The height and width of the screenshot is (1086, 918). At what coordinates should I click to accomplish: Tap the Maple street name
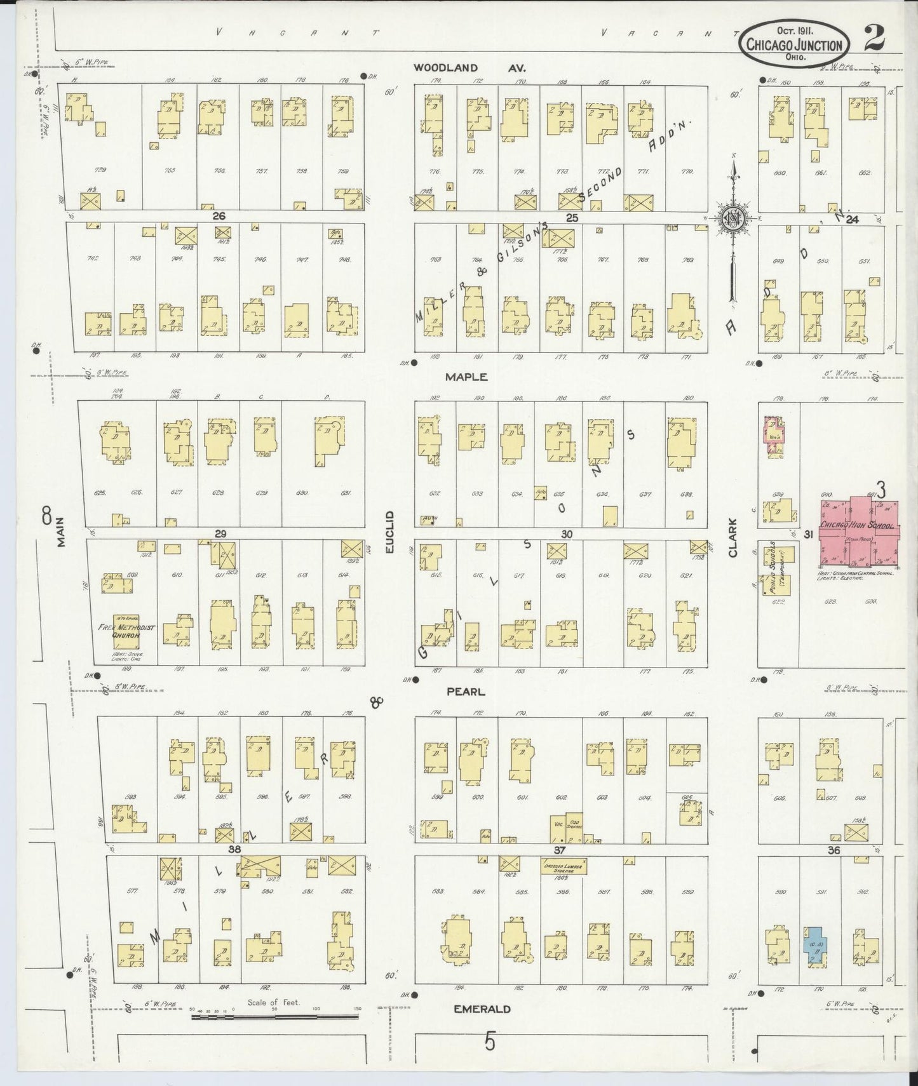[466, 377]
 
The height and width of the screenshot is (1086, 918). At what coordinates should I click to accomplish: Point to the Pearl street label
[465, 692]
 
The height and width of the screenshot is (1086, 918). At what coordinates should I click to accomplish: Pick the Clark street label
[732, 538]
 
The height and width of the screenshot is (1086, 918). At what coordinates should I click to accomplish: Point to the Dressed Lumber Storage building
[564, 867]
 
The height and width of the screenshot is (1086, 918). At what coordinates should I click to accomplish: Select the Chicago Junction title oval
[795, 43]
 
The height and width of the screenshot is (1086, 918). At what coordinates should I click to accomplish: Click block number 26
[219, 216]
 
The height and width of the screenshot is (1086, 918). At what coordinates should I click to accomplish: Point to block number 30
[567, 534]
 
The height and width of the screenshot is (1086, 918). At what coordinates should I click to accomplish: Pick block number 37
[559, 850]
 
